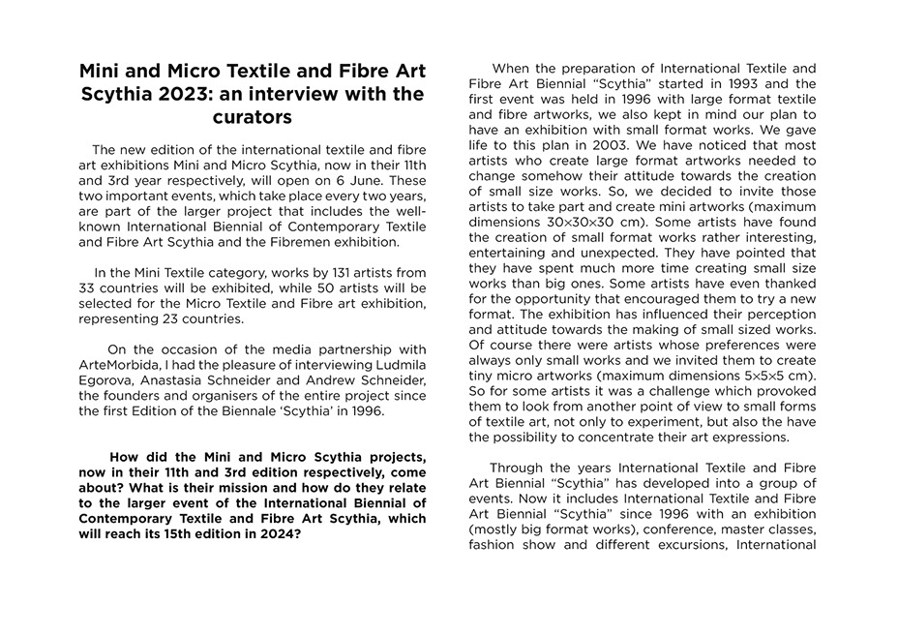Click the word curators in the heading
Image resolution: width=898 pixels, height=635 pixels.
click(x=252, y=118)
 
